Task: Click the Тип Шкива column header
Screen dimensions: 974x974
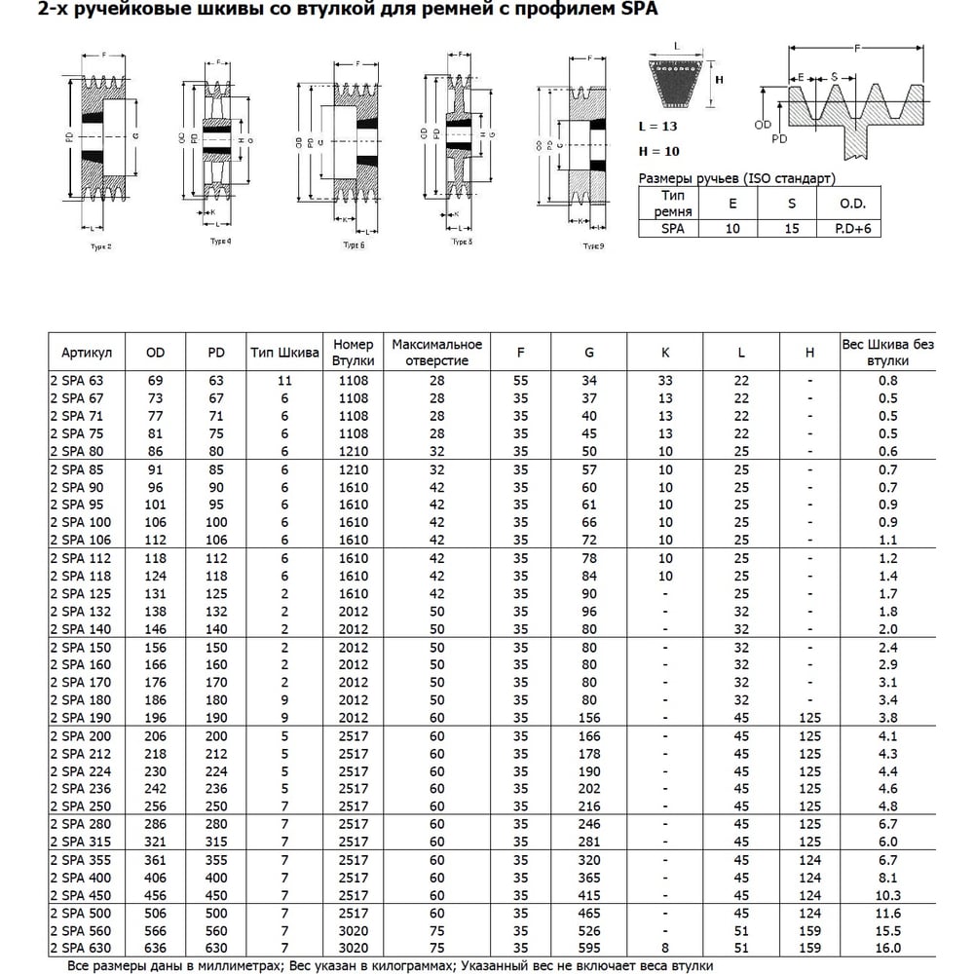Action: tap(285, 353)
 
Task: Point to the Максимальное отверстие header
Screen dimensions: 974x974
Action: tap(437, 353)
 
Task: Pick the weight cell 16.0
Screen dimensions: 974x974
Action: tap(887, 948)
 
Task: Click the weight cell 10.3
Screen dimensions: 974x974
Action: tap(887, 895)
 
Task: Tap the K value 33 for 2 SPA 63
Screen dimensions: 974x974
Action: tap(666, 380)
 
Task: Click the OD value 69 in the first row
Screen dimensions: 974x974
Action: tap(155, 380)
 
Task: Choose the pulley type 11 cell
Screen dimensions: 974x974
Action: tap(285, 380)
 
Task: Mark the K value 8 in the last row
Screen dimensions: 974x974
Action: tap(666, 948)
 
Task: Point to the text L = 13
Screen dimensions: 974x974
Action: tap(658, 128)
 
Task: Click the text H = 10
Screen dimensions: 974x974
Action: tap(658, 151)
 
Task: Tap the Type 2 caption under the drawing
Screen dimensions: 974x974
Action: tap(99, 246)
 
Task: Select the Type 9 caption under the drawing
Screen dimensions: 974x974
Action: tap(593, 246)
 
